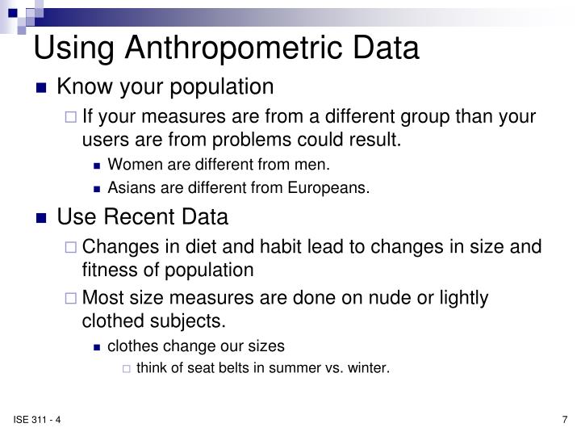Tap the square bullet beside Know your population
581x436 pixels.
pyautogui.click(x=42, y=87)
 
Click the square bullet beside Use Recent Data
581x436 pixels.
pyautogui.click(x=42, y=218)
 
